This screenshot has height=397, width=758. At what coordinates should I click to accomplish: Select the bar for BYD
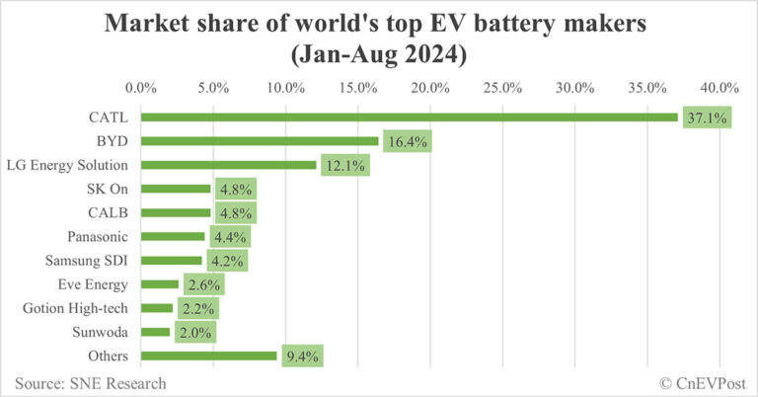[x=261, y=141]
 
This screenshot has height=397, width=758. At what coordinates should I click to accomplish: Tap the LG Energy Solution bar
[x=229, y=165]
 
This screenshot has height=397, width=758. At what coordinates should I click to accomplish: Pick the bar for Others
[x=209, y=356]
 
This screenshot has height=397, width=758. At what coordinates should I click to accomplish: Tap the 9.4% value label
[x=301, y=356]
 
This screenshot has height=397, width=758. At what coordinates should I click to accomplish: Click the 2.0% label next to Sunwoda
[x=194, y=332]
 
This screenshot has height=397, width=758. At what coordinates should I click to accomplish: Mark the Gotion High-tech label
[x=78, y=308]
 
